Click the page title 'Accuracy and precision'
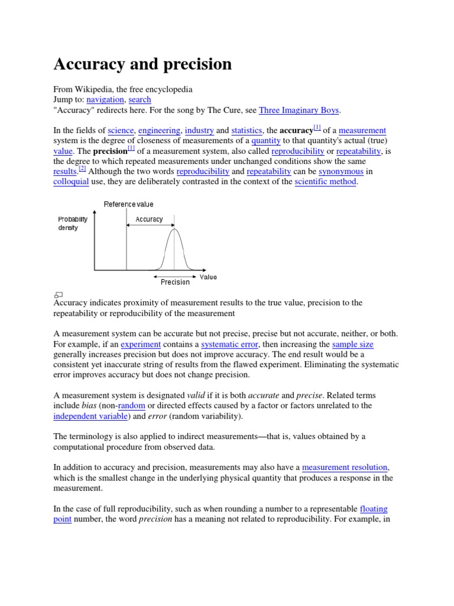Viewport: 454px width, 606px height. point(142,64)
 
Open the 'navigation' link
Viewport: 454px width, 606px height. point(105,99)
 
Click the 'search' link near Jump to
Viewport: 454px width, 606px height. point(140,99)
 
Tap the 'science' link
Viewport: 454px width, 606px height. point(121,130)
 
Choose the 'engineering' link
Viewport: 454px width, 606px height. point(159,130)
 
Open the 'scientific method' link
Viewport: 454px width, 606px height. point(326,182)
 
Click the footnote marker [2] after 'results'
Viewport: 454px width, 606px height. point(82,169)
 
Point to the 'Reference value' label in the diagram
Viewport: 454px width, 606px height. point(128,204)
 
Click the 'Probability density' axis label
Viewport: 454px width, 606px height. point(73,223)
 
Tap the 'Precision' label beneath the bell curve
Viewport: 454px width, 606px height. point(175,282)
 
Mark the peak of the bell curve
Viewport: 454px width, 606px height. point(174,229)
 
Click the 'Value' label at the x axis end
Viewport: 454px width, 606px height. point(208,276)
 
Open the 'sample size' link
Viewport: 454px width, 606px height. point(352,344)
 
